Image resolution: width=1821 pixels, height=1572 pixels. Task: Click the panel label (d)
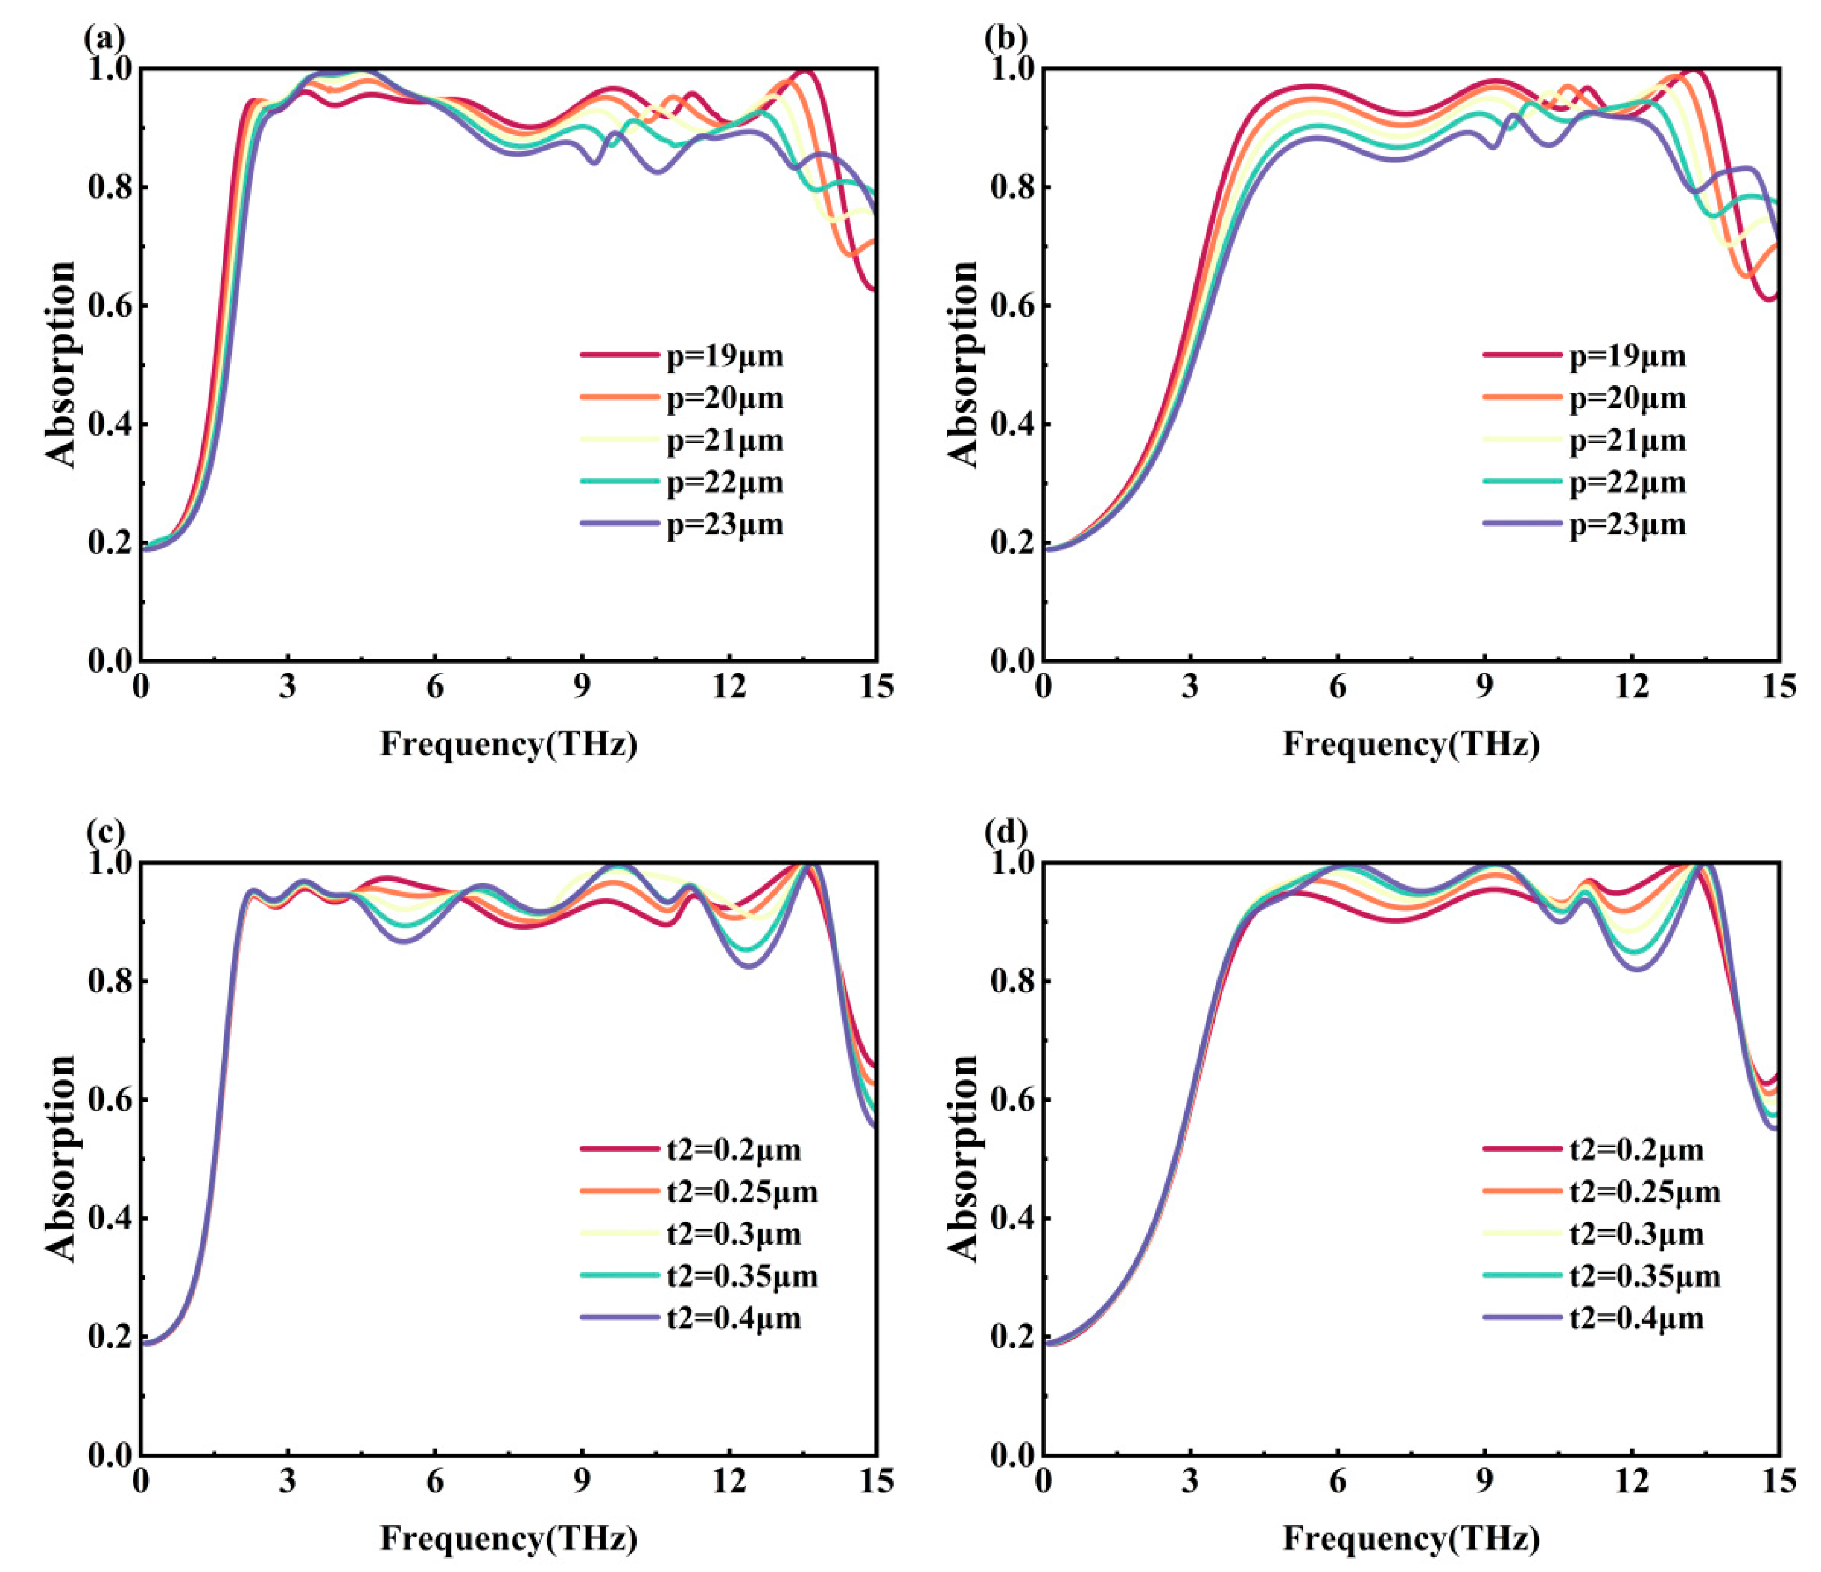pyautogui.click(x=1005, y=831)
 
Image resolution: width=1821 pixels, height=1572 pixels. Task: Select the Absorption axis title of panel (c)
pyautogui.click(x=61, y=1158)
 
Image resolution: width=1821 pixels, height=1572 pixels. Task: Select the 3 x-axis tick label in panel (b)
pyautogui.click(x=1190, y=687)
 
